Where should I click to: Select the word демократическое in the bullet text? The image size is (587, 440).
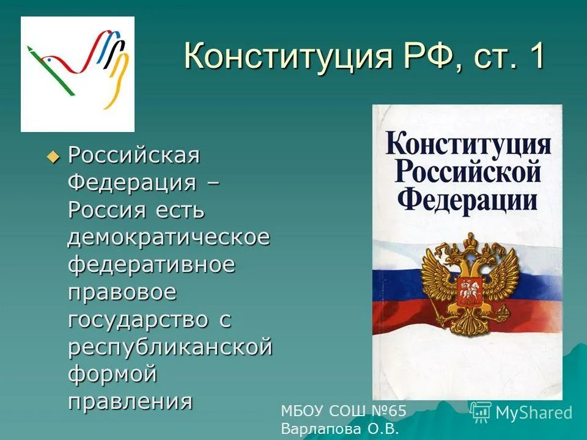[x=168, y=237]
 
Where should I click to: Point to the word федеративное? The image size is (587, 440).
[x=151, y=265]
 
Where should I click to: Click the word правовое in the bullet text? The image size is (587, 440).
[x=122, y=292]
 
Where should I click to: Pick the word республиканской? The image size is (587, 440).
[x=169, y=347]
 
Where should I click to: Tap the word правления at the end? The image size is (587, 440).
[x=130, y=402]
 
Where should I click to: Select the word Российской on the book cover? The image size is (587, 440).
[x=468, y=172]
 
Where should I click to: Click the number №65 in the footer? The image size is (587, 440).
[x=388, y=411]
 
